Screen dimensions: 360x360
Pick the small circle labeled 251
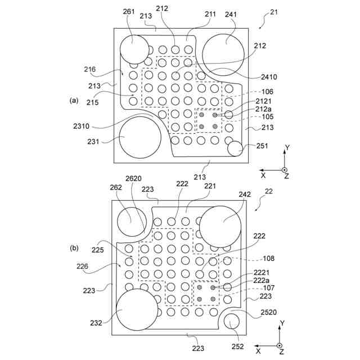(235, 148)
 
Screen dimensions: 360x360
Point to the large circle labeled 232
(137, 310)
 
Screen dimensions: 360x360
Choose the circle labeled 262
(132, 222)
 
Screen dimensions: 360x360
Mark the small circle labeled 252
(232, 322)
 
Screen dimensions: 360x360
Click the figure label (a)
(74, 100)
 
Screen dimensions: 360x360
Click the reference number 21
(274, 12)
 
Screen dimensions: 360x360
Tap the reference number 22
(269, 191)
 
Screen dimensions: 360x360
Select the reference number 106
(267, 92)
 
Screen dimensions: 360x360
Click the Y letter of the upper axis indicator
(287, 147)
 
